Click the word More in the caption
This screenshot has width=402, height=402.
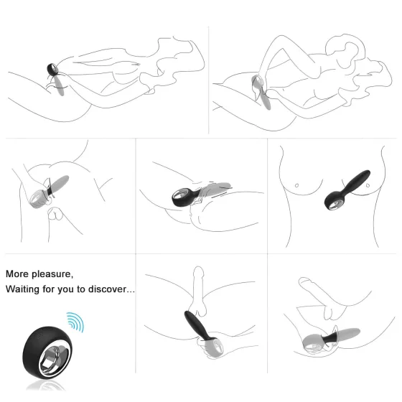pos(18,274)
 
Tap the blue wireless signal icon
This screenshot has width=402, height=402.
pos(75,321)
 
